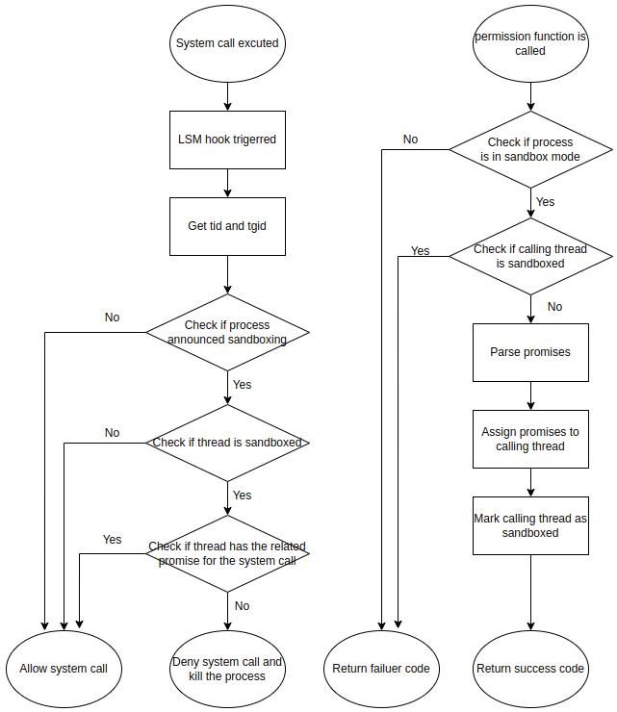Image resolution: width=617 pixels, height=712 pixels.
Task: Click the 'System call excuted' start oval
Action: tap(227, 43)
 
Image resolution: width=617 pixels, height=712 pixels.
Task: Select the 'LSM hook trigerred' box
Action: tap(227, 140)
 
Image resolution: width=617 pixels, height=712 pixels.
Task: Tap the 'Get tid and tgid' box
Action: tap(227, 226)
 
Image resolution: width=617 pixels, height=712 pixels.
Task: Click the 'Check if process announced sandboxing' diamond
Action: tap(227, 332)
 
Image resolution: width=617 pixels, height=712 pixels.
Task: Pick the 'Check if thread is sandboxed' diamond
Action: tap(227, 443)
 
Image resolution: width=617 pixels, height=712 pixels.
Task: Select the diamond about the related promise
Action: tap(227, 553)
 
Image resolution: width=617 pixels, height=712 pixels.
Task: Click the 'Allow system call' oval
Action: tap(64, 669)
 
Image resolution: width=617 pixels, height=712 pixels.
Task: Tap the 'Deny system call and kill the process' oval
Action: tap(227, 669)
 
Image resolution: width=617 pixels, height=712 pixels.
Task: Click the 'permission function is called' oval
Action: tap(530, 43)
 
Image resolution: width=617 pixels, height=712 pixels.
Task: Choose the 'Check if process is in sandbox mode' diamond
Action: tap(530, 149)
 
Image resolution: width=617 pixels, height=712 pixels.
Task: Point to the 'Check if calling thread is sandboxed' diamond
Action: tap(530, 256)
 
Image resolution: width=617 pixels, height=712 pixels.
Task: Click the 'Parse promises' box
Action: tap(530, 352)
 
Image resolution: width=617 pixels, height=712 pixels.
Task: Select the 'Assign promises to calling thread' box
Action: tap(530, 440)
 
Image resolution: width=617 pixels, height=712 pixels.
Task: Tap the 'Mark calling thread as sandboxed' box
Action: tap(530, 525)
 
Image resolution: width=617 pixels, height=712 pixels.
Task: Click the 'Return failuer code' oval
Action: tap(381, 669)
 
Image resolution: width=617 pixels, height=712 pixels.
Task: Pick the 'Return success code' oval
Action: tap(530, 669)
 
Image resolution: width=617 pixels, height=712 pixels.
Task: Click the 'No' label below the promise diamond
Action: tap(242, 606)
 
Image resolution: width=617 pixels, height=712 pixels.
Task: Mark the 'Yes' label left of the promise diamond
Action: tap(113, 540)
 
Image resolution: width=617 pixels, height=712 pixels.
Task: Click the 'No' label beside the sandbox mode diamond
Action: tap(410, 140)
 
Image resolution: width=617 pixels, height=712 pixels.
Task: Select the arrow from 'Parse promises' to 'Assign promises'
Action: tap(530, 395)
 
